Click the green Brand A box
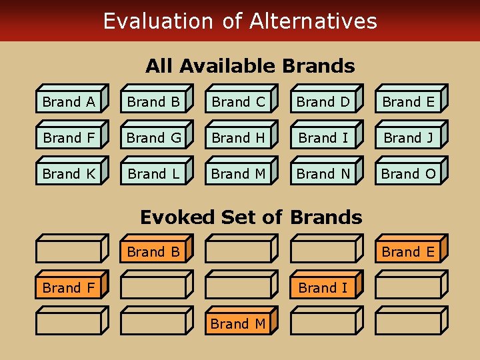(x=69, y=102)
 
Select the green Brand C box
(x=238, y=102)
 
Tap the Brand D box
(x=323, y=102)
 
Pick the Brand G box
(x=153, y=138)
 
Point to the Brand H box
(x=238, y=138)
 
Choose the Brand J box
(x=407, y=138)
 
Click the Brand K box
(x=69, y=174)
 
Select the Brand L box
(x=153, y=174)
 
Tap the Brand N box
(x=323, y=174)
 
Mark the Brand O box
(x=407, y=174)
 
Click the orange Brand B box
(x=153, y=252)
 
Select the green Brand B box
(x=153, y=102)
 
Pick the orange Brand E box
(x=407, y=252)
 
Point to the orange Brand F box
(x=69, y=288)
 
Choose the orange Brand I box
(x=323, y=288)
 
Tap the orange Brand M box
(x=238, y=324)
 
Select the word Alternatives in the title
(x=313, y=21)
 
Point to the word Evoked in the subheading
(x=178, y=217)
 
